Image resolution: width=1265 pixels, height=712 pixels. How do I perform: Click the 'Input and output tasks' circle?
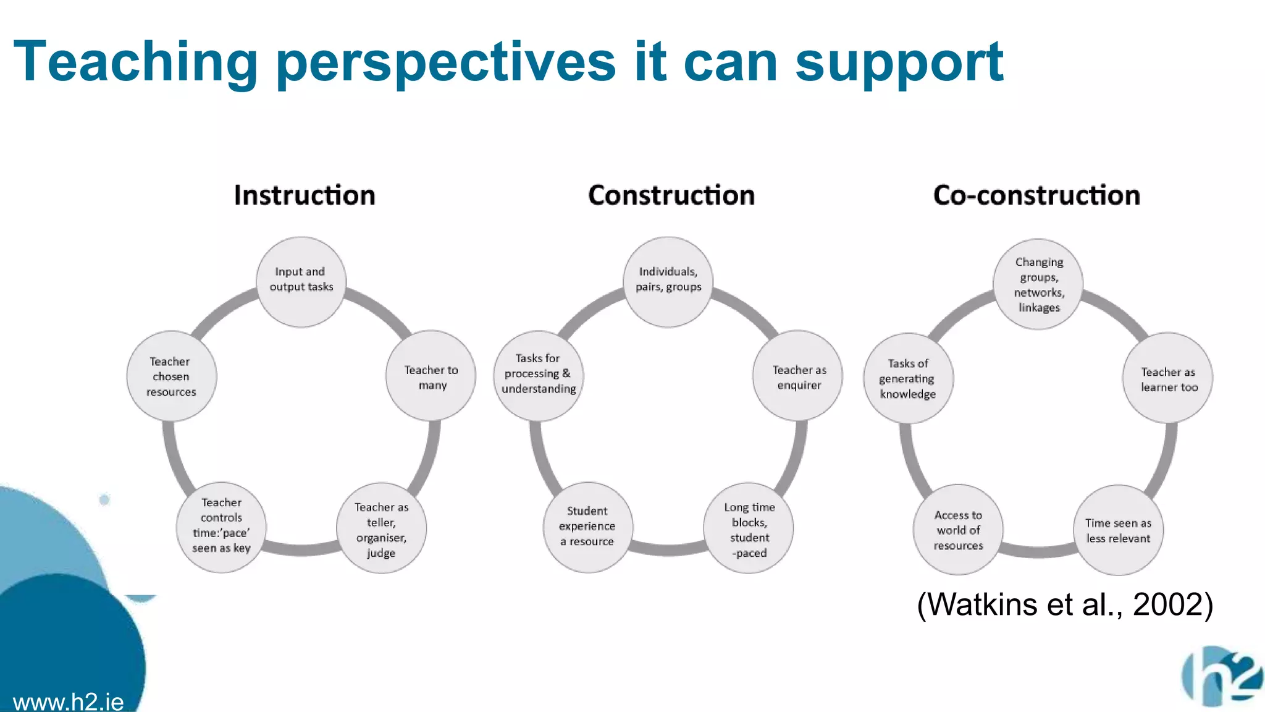click(x=301, y=282)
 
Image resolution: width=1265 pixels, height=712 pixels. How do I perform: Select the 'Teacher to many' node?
click(x=431, y=376)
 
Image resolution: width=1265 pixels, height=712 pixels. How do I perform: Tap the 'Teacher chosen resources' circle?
click(x=171, y=376)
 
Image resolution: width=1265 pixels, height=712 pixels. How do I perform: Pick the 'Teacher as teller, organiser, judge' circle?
click(x=381, y=528)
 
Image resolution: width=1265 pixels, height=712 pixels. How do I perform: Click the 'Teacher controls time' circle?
click(x=221, y=527)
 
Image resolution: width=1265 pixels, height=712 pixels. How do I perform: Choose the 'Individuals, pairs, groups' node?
click(x=668, y=282)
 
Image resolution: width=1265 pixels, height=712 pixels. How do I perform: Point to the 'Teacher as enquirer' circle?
click(x=797, y=376)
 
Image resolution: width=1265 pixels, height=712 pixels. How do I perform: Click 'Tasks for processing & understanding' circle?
click(x=538, y=375)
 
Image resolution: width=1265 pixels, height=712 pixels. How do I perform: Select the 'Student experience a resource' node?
click(x=587, y=527)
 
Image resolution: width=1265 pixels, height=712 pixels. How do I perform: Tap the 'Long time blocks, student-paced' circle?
click(x=749, y=528)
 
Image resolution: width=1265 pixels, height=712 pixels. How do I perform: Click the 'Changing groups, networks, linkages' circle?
click(x=1038, y=284)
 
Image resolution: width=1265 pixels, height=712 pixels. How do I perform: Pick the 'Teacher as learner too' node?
click(x=1167, y=378)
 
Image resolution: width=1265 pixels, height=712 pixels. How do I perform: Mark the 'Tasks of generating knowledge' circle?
click(x=908, y=378)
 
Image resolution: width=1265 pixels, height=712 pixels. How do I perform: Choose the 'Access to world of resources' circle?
click(x=958, y=530)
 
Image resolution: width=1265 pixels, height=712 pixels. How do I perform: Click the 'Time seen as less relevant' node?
click(x=1118, y=530)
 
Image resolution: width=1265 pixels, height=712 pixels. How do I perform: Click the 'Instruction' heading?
click(x=305, y=195)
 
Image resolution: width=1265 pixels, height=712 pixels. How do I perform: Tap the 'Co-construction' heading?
click(x=1036, y=195)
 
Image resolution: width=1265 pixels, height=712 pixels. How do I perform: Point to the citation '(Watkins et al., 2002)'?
click(x=1065, y=604)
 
